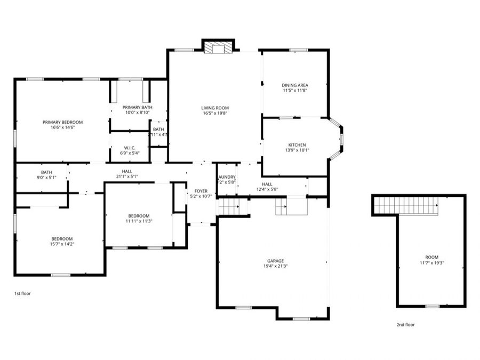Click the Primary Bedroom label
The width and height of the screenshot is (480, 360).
62,122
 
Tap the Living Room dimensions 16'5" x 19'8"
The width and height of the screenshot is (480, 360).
215,113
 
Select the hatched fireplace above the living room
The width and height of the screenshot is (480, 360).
218,47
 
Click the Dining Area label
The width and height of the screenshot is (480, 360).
295,85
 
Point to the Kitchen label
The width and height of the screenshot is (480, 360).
297,145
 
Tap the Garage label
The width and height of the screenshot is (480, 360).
273,261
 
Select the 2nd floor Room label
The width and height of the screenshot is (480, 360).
431,257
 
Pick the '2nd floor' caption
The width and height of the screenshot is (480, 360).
405,324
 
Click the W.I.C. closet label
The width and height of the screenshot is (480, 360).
130,148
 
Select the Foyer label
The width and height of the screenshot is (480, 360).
201,191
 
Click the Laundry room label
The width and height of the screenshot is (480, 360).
227,177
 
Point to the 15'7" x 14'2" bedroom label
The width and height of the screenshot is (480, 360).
62,238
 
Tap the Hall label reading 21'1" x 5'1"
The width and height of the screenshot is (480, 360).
127,171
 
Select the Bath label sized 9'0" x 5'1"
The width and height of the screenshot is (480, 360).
46,172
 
